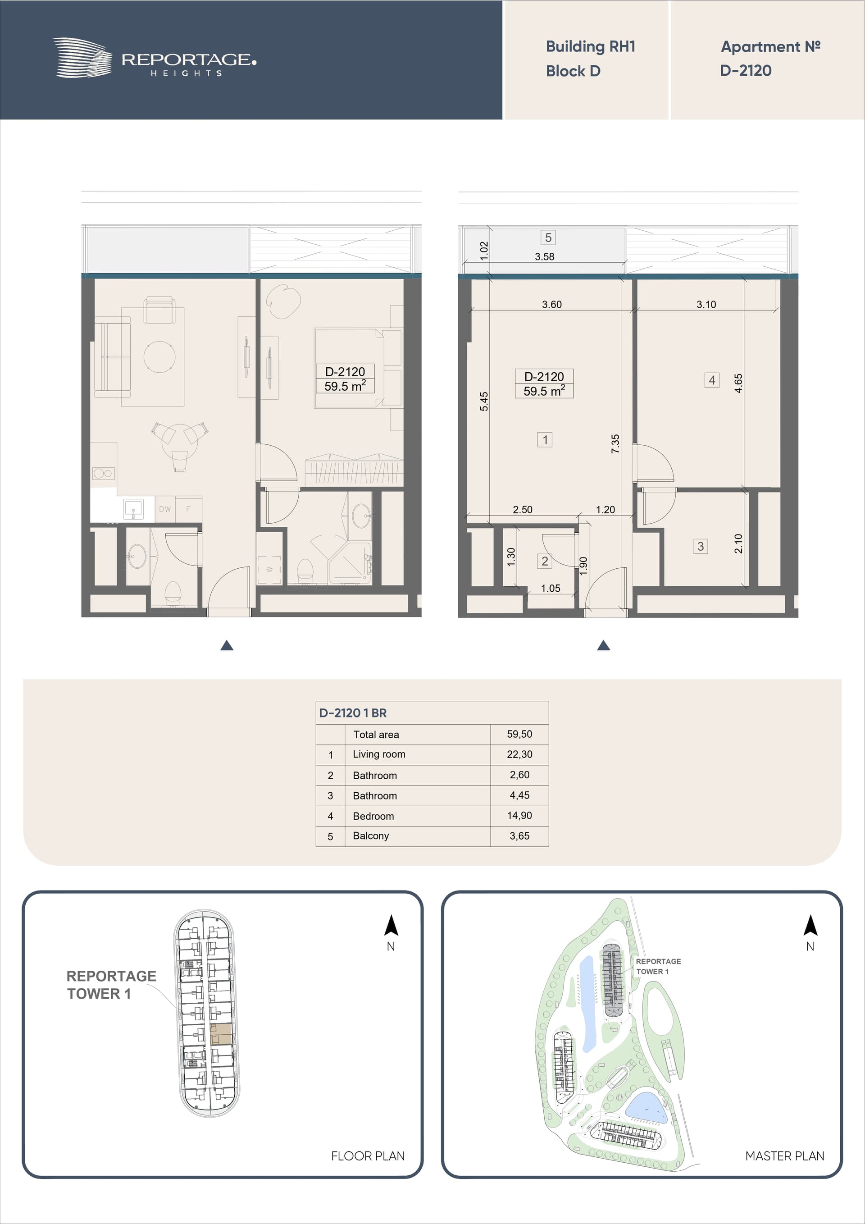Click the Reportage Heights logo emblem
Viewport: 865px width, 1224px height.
[x=82, y=58]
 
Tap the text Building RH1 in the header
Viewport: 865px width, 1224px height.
[x=591, y=47]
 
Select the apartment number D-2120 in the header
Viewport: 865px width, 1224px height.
[x=746, y=70]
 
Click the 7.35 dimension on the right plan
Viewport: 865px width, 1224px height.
[x=615, y=443]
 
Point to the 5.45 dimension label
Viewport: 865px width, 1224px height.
[x=484, y=402]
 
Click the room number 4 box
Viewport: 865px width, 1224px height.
[x=712, y=380]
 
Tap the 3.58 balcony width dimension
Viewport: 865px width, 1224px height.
[x=545, y=257]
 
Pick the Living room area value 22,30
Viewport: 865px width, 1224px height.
[x=519, y=754]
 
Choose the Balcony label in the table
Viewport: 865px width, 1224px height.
[x=371, y=836]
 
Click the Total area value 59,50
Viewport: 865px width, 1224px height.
[x=519, y=734]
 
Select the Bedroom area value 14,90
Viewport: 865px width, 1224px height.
[x=519, y=815]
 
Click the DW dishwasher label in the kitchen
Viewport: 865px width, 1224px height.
[x=165, y=509]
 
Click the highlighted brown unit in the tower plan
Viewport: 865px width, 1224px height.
[x=221, y=1034]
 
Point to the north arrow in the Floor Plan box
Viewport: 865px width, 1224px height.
[x=391, y=926]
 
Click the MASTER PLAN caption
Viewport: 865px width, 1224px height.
[x=784, y=1156]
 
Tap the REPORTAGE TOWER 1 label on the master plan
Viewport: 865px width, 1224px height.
[x=658, y=966]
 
